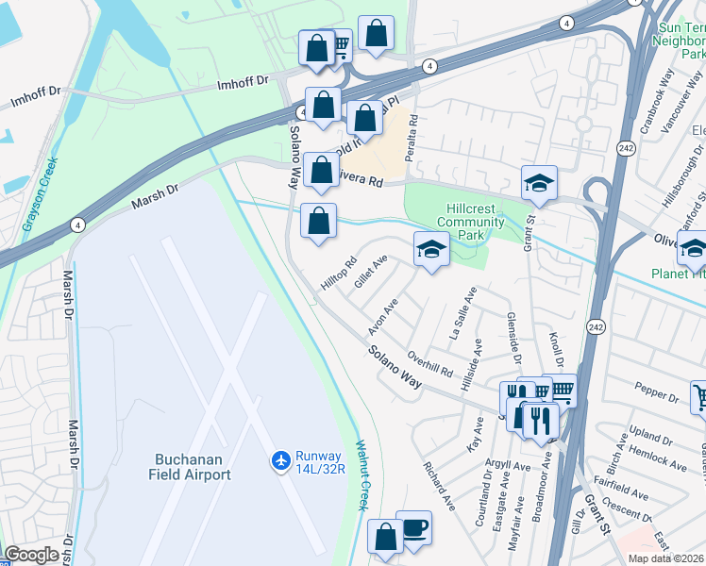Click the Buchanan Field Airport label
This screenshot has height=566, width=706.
[190, 467]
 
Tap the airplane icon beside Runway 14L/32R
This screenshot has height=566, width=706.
[280, 459]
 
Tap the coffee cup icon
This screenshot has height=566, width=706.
[413, 527]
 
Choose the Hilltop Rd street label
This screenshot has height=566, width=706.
[338, 274]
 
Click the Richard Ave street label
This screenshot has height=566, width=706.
[440, 486]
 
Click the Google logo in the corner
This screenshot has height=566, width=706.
[31, 555]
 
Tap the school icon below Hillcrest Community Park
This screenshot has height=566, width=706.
[430, 250]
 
